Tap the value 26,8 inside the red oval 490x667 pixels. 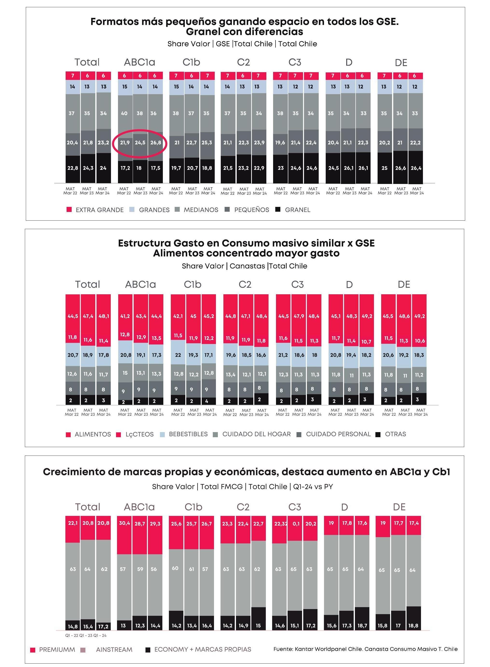point(156,143)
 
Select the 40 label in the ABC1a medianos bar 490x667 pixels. point(124,113)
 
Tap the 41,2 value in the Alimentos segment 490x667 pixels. point(125,316)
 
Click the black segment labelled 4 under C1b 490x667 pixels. point(207,401)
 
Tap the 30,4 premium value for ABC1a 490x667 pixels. point(124,523)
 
